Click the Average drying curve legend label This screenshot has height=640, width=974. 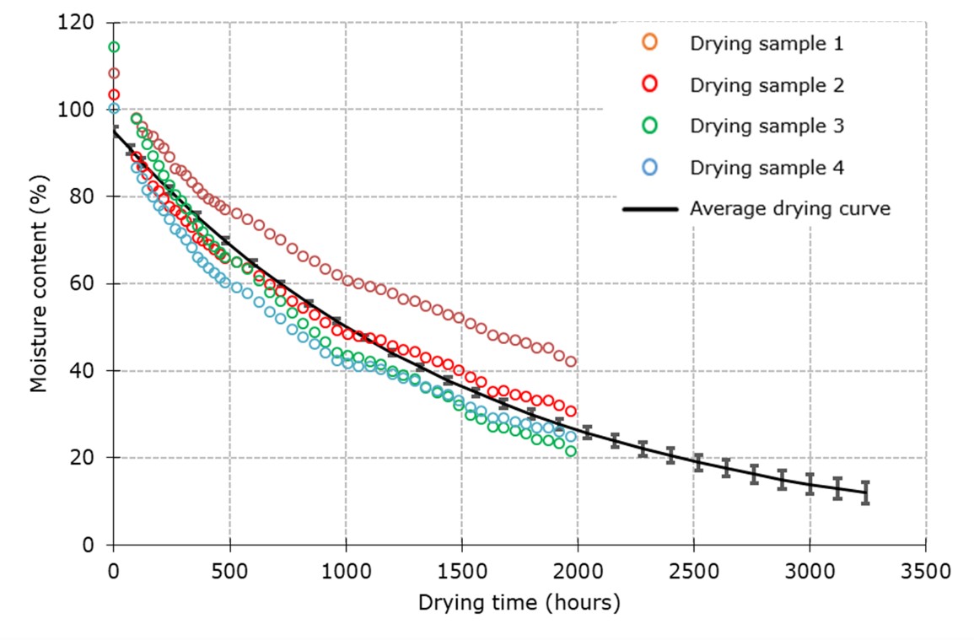pos(789,208)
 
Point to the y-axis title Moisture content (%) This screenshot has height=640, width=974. pos(38,283)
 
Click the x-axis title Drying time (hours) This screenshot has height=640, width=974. pos(519,603)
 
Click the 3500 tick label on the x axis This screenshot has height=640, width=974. pos(926,570)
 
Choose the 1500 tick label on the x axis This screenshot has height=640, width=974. pos(461,570)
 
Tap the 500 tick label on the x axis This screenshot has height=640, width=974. pos(229,570)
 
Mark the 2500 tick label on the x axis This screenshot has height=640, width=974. pos(693,570)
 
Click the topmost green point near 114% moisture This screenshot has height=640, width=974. pos(114,46)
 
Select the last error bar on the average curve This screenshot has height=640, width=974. pos(865,492)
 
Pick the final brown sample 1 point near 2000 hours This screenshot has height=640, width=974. pos(571,362)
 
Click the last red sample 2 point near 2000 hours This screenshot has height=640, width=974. pos(571,411)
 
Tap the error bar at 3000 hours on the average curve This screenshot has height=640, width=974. pos(810,484)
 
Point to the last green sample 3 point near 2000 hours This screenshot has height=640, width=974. pos(571,451)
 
